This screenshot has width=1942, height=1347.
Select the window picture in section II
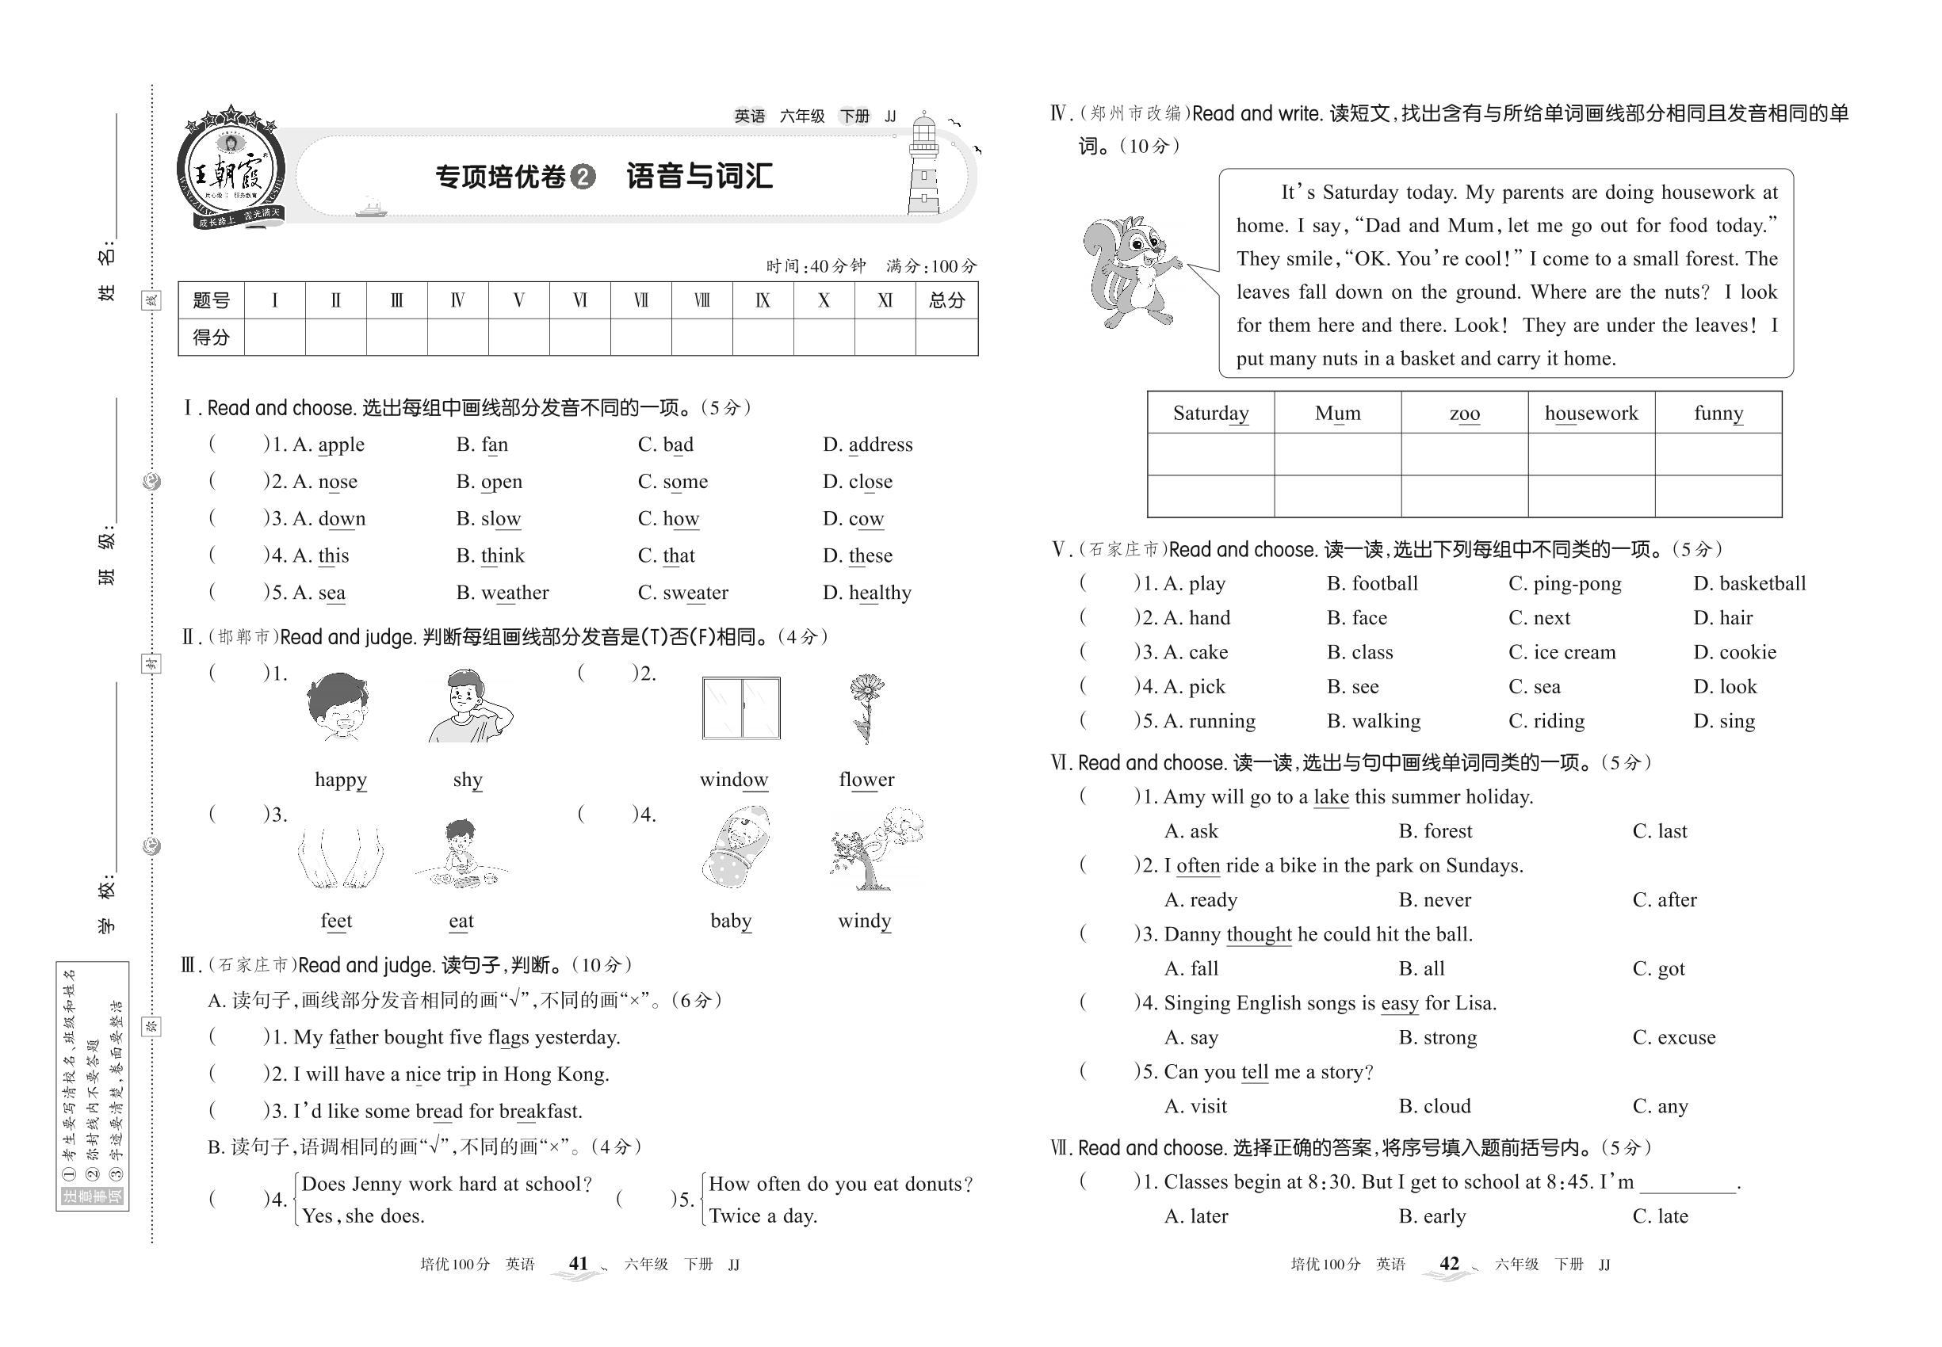click(x=740, y=708)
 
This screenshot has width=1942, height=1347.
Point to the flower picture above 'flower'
click(x=865, y=708)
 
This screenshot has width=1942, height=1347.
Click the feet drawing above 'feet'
click(x=339, y=857)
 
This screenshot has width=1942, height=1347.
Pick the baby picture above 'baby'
click(x=735, y=848)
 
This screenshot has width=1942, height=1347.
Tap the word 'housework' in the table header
click(x=1591, y=413)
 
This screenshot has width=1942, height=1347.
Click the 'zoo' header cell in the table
click(x=1464, y=413)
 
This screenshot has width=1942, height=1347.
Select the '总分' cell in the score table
click(x=946, y=300)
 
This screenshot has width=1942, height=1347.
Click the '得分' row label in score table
click(x=211, y=338)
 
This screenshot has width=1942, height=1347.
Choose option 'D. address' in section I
click(x=867, y=445)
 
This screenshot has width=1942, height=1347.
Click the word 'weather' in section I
click(x=514, y=593)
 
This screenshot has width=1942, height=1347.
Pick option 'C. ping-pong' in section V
click(x=1564, y=583)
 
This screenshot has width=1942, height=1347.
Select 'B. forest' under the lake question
click(x=1435, y=831)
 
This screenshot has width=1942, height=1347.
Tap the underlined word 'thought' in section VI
click(x=1258, y=934)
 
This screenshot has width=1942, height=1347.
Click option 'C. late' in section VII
click(x=1659, y=1216)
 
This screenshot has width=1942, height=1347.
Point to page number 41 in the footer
click(x=579, y=1264)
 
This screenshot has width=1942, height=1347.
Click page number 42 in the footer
click(x=1449, y=1264)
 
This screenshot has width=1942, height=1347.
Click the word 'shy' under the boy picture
click(x=467, y=779)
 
